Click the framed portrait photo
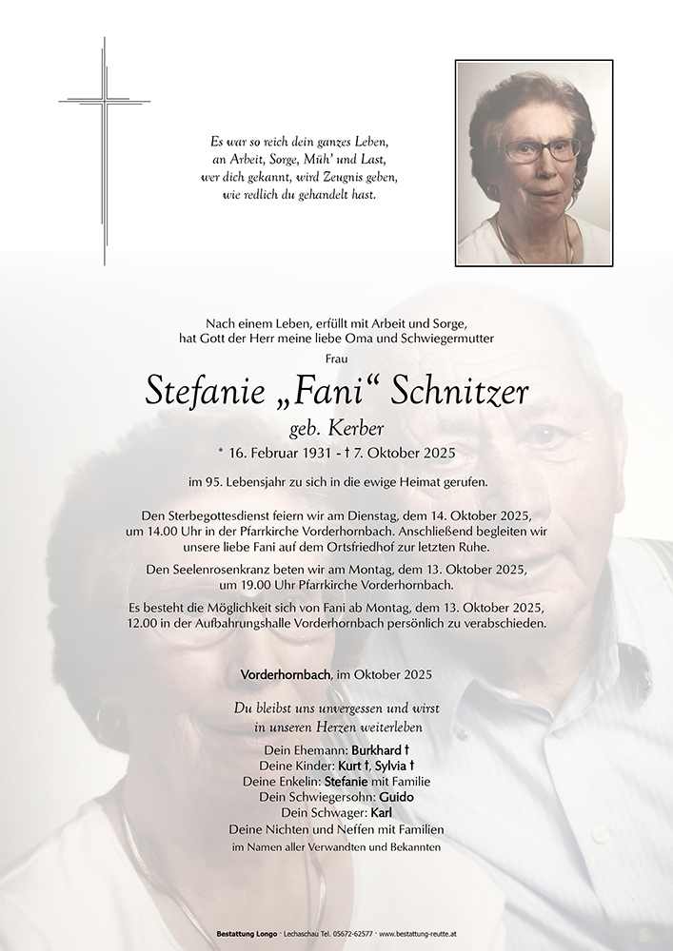[533, 163]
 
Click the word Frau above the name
[336, 359]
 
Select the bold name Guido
[397, 797]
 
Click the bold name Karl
[381, 813]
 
